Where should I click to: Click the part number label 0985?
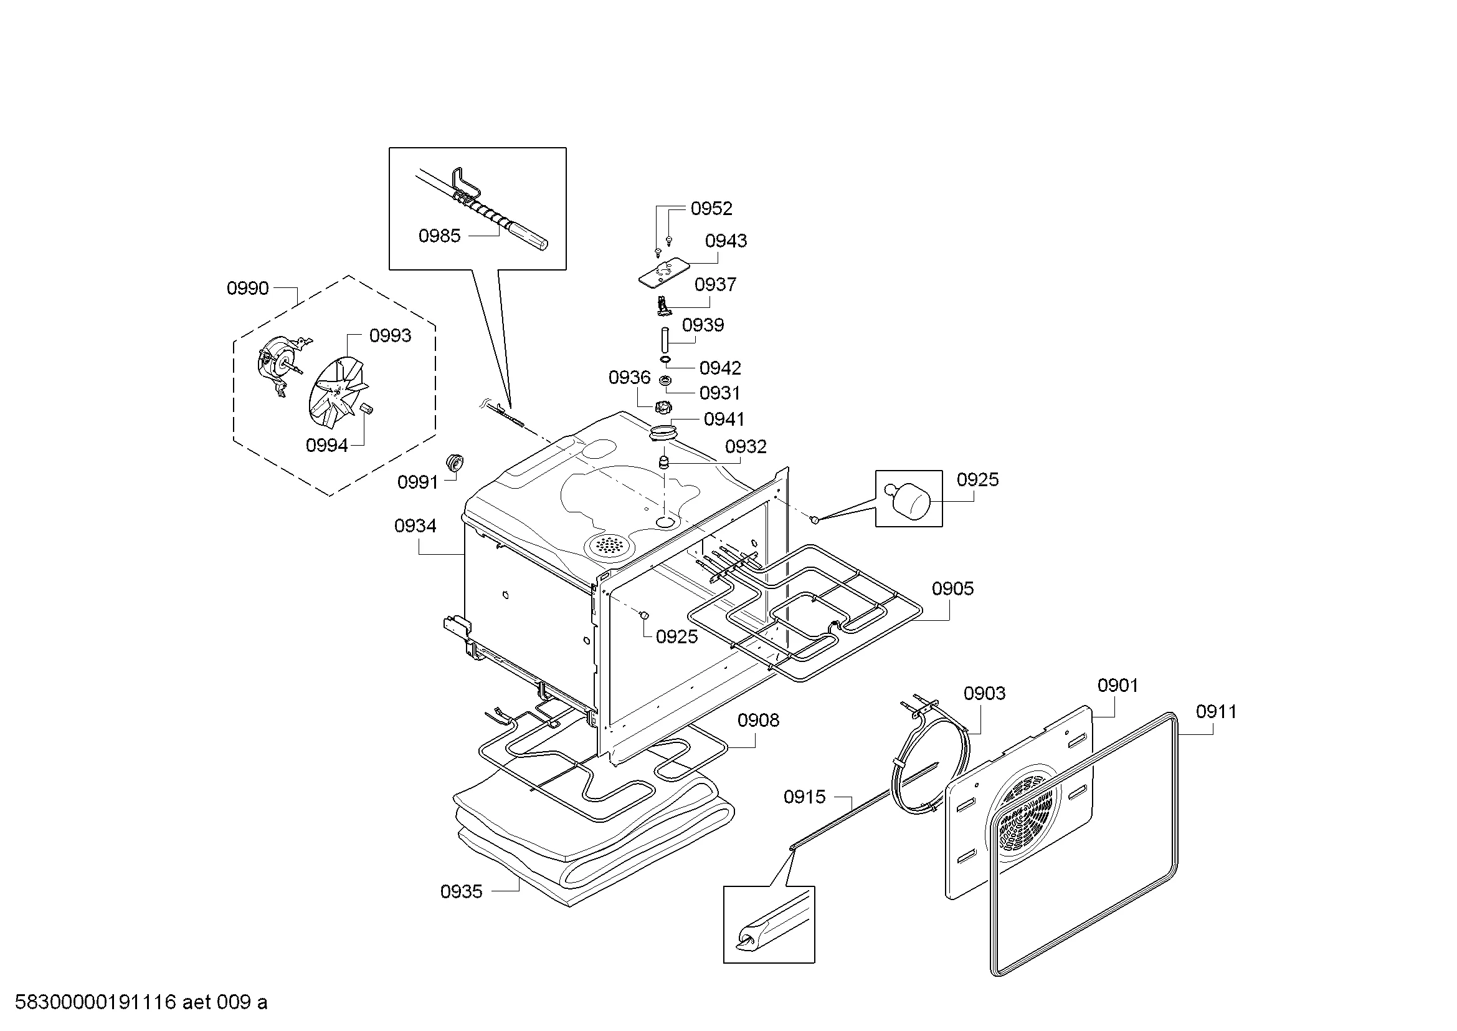439,236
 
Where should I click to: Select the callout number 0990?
247,288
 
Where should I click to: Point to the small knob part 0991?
455,463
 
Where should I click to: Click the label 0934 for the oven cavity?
415,525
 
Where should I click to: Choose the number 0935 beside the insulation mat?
462,891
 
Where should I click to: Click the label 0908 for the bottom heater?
758,720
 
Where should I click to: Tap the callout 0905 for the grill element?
952,588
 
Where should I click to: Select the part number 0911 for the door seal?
1217,712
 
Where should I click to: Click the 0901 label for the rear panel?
1118,685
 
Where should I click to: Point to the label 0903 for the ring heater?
984,693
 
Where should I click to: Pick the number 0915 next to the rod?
805,797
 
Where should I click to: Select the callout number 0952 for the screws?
711,208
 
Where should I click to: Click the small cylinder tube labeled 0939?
665,340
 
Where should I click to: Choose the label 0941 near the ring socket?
724,419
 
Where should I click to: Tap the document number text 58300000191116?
95,1002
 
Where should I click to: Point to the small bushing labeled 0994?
366,408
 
